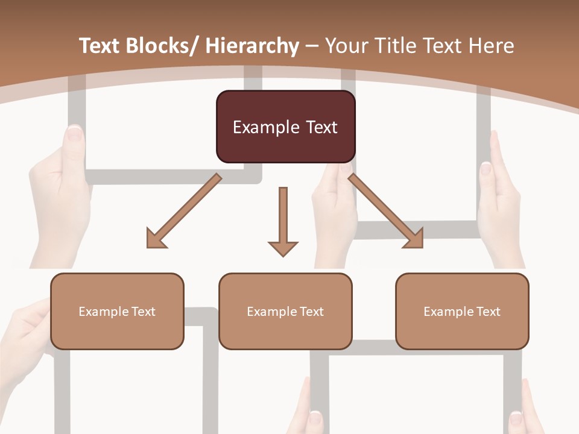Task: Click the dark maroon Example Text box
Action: pyautogui.click(x=285, y=127)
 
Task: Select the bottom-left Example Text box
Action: pyautogui.click(x=117, y=311)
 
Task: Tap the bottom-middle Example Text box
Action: pyautogui.click(x=285, y=311)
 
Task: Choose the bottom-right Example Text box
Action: pyautogui.click(x=462, y=311)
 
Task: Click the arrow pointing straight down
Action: pyautogui.click(x=283, y=217)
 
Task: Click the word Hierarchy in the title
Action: pyautogui.click(x=252, y=46)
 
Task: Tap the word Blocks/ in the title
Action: pyautogui.click(x=162, y=46)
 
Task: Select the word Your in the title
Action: pyautogui.click(x=347, y=46)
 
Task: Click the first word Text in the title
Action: pyautogui.click(x=100, y=46)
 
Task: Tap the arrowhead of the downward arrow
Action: pyautogui.click(x=283, y=248)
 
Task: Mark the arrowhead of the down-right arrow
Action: pyautogui.click(x=415, y=239)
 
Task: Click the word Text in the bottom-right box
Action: pyautogui.click(x=489, y=311)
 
